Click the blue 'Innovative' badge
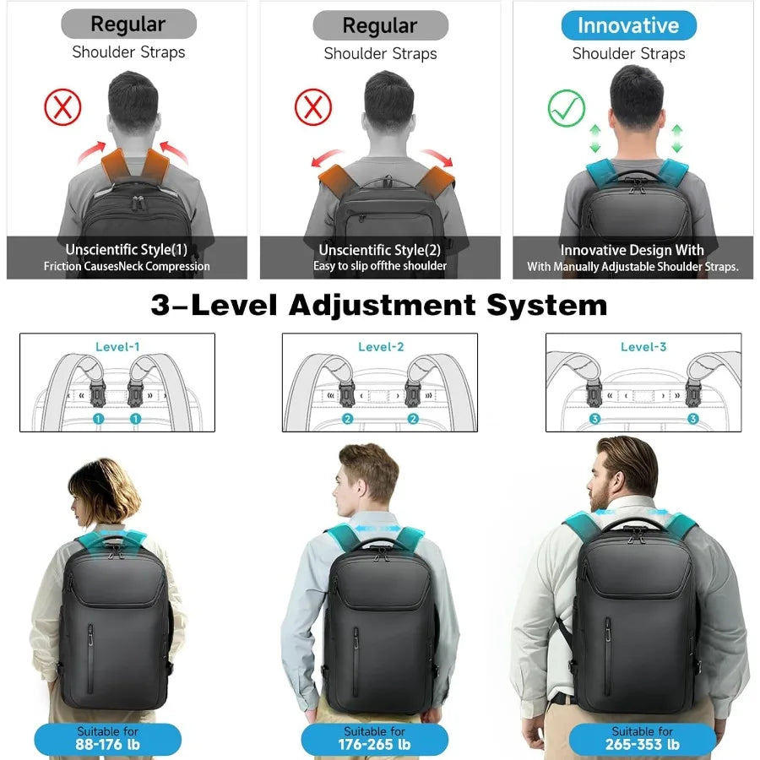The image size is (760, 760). coord(628,26)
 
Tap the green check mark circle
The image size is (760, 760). coord(566,109)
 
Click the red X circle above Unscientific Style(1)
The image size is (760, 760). coord(62,107)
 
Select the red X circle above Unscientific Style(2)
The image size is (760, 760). coord(312,108)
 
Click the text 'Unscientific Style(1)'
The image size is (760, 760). coord(127,250)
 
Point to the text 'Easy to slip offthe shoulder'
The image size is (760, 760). coord(380,266)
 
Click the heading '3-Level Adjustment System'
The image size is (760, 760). coord(379,305)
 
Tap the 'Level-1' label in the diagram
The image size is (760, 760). coord(117,347)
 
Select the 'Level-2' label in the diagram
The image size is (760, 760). coord(381,347)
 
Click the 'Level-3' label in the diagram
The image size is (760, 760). coord(643,347)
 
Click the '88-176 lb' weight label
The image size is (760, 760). coord(107,745)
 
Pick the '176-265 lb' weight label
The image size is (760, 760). coord(375,745)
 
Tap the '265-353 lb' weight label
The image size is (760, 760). coord(642,745)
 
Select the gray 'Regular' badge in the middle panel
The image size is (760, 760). coord(380,26)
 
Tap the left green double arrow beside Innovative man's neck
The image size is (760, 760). coord(594,138)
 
